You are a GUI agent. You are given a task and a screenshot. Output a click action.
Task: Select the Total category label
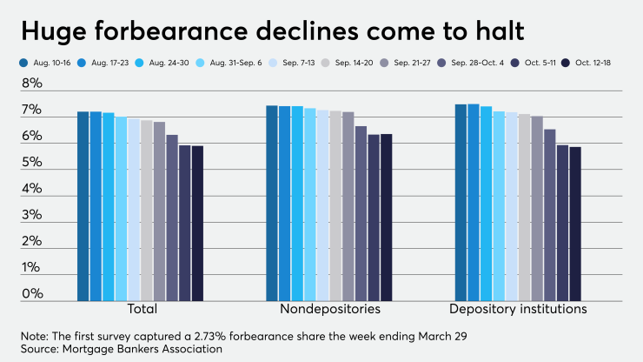point(140,309)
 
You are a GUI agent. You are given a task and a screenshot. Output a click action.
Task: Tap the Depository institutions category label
point(518,309)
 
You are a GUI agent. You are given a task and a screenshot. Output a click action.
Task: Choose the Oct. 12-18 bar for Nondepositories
point(386,218)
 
